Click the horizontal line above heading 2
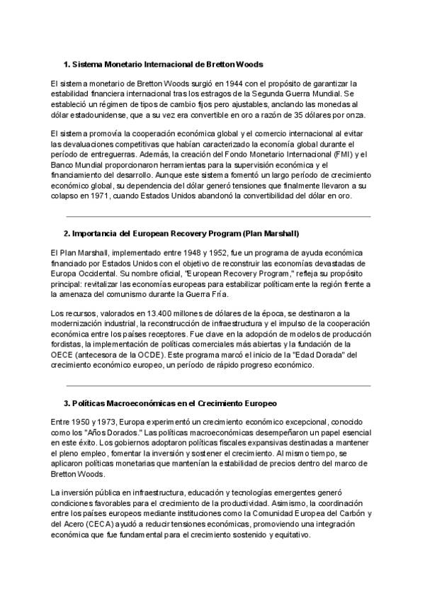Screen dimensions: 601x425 (218, 216)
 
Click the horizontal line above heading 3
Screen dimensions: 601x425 (218, 386)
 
